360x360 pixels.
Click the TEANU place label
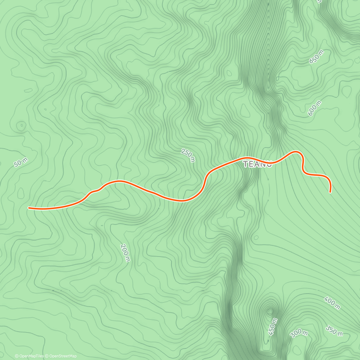click(x=257, y=164)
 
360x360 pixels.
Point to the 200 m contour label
click(x=125, y=253)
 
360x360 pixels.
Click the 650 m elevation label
click(x=316, y=57)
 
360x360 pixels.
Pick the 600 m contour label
click(x=314, y=108)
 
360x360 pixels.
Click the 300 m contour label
click(x=299, y=333)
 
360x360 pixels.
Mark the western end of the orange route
click(x=28, y=208)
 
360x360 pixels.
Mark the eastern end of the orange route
click(x=330, y=192)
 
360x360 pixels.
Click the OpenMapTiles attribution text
click(x=29, y=356)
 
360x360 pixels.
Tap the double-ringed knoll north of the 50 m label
click(x=21, y=125)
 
